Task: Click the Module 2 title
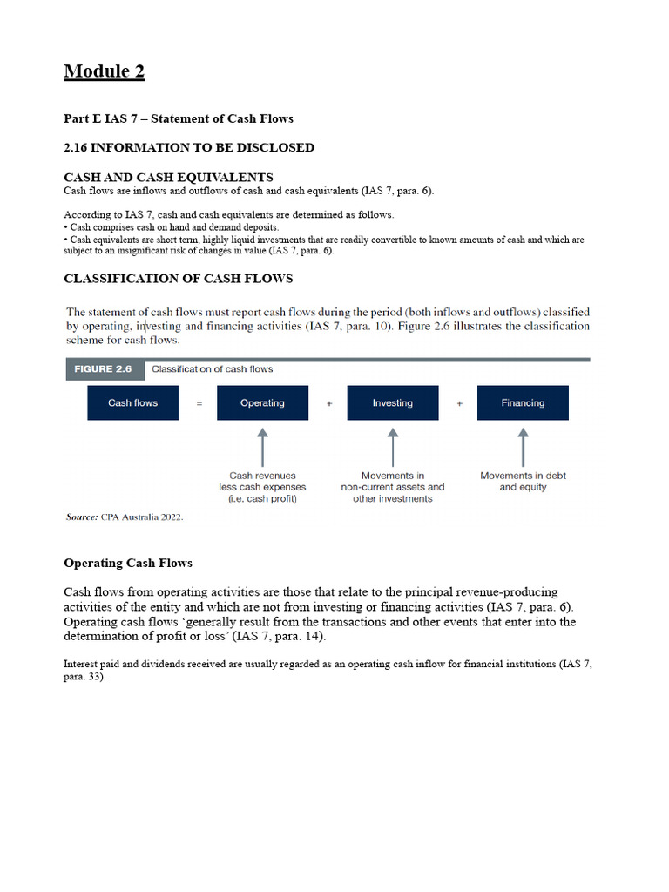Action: click(x=104, y=71)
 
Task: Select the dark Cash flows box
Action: click(x=132, y=403)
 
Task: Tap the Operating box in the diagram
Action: click(x=262, y=403)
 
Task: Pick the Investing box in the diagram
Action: click(x=392, y=403)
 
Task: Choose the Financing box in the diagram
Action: click(x=523, y=403)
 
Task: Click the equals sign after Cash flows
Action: click(x=199, y=403)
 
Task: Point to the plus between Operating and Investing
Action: click(x=328, y=403)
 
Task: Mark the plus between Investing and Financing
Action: click(x=459, y=403)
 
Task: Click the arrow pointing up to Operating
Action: click(x=262, y=446)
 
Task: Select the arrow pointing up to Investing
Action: click(x=393, y=446)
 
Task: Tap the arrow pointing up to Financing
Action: click(x=523, y=446)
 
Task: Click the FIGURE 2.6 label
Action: click(x=103, y=369)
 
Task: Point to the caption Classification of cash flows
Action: click(x=212, y=369)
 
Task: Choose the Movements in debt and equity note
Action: click(x=523, y=482)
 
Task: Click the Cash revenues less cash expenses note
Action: click(x=262, y=487)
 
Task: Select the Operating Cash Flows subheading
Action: click(x=128, y=564)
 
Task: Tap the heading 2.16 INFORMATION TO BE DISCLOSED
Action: click(x=189, y=148)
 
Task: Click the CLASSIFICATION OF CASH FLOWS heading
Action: click(x=179, y=279)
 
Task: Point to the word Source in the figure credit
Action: click(x=81, y=517)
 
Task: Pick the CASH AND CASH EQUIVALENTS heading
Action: click(x=168, y=177)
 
